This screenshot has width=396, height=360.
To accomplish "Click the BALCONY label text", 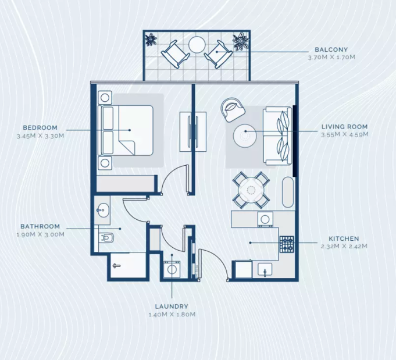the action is pyautogui.click(x=331, y=49).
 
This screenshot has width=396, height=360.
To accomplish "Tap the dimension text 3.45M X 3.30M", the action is pyautogui.click(x=40, y=136).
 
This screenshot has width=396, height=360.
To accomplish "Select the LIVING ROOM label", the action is pyautogui.click(x=344, y=127).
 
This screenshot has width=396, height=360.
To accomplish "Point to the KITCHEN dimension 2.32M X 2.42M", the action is pyautogui.click(x=344, y=246).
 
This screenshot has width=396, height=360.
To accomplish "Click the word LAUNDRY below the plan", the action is pyautogui.click(x=172, y=306).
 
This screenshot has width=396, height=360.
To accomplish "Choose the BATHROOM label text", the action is pyautogui.click(x=40, y=226).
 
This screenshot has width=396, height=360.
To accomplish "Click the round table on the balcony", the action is pyautogui.click(x=197, y=45).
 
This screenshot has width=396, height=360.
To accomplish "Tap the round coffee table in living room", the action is pyautogui.click(x=245, y=136).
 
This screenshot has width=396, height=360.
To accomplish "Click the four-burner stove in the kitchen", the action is pyautogui.click(x=287, y=244).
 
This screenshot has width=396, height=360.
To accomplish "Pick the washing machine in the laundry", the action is pyautogui.click(x=172, y=269).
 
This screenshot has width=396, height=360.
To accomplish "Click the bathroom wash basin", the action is pyautogui.click(x=102, y=210).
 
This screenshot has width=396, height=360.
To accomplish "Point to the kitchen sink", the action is pyautogui.click(x=265, y=270).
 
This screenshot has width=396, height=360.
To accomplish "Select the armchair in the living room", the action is pyautogui.click(x=233, y=109).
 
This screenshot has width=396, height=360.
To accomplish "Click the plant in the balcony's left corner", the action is pyautogui.click(x=151, y=40).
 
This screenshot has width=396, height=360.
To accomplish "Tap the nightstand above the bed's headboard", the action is pyautogui.click(x=105, y=98).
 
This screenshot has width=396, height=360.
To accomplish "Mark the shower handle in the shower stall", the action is pyautogui.click(x=116, y=266).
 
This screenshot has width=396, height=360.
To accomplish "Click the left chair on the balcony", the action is pyautogui.click(x=175, y=54).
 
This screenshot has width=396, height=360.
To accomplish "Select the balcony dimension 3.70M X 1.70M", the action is pyautogui.click(x=331, y=58).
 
